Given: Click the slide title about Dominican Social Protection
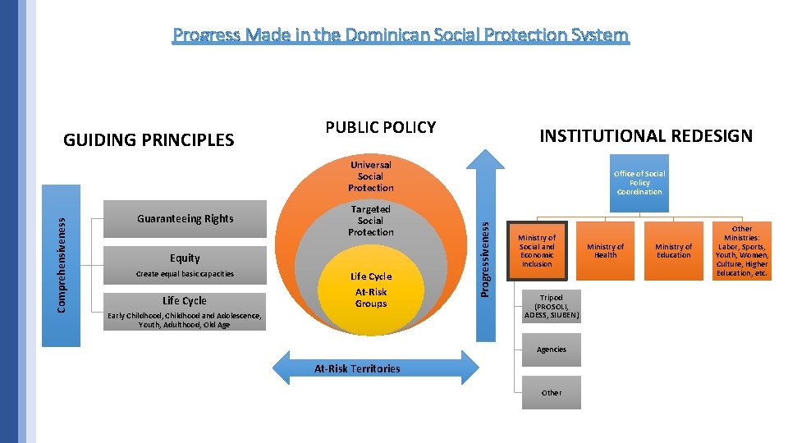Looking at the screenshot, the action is click(x=401, y=35).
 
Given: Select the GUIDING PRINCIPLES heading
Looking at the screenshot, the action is click(x=149, y=140).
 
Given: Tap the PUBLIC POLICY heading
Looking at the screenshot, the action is click(x=380, y=127).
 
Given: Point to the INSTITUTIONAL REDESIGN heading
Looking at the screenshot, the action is click(x=645, y=136).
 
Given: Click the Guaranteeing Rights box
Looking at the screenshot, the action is click(x=185, y=219).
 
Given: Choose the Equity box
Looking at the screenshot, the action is click(x=185, y=258).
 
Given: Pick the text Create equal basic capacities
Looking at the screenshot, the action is click(x=185, y=274).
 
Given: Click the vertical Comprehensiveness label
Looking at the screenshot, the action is click(x=62, y=259).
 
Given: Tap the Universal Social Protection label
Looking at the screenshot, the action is click(x=370, y=176).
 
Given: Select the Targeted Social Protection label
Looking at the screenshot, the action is click(x=370, y=221).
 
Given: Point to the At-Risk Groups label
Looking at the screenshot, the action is click(x=370, y=298).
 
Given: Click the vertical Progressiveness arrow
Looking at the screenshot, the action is click(x=486, y=246).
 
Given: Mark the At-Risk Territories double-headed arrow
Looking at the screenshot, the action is click(x=357, y=368).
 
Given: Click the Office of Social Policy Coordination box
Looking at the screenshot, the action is click(x=639, y=183).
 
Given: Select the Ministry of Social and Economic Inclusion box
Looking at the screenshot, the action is click(x=537, y=251).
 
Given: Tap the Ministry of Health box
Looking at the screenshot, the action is click(x=605, y=251).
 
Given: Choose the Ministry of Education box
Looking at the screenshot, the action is click(x=673, y=251).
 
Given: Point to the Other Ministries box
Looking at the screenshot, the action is click(x=741, y=251).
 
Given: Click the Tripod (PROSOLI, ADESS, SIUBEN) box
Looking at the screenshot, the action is click(x=551, y=306).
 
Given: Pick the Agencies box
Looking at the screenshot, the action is click(x=551, y=349).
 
